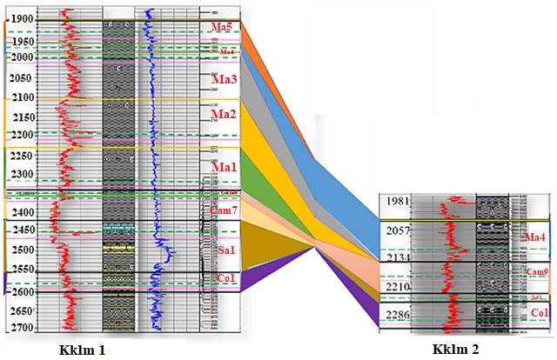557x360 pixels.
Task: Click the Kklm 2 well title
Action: tap(456, 349)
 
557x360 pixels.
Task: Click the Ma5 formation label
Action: tap(223, 28)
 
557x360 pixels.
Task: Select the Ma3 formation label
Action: tap(225, 79)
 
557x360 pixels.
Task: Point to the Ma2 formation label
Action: tap(225, 114)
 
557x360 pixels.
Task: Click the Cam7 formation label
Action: tap(225, 210)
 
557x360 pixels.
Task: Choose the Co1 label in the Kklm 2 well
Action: tap(540, 312)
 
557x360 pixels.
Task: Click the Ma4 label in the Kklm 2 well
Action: tap(536, 237)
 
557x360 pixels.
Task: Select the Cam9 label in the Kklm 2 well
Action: tap(537, 272)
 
